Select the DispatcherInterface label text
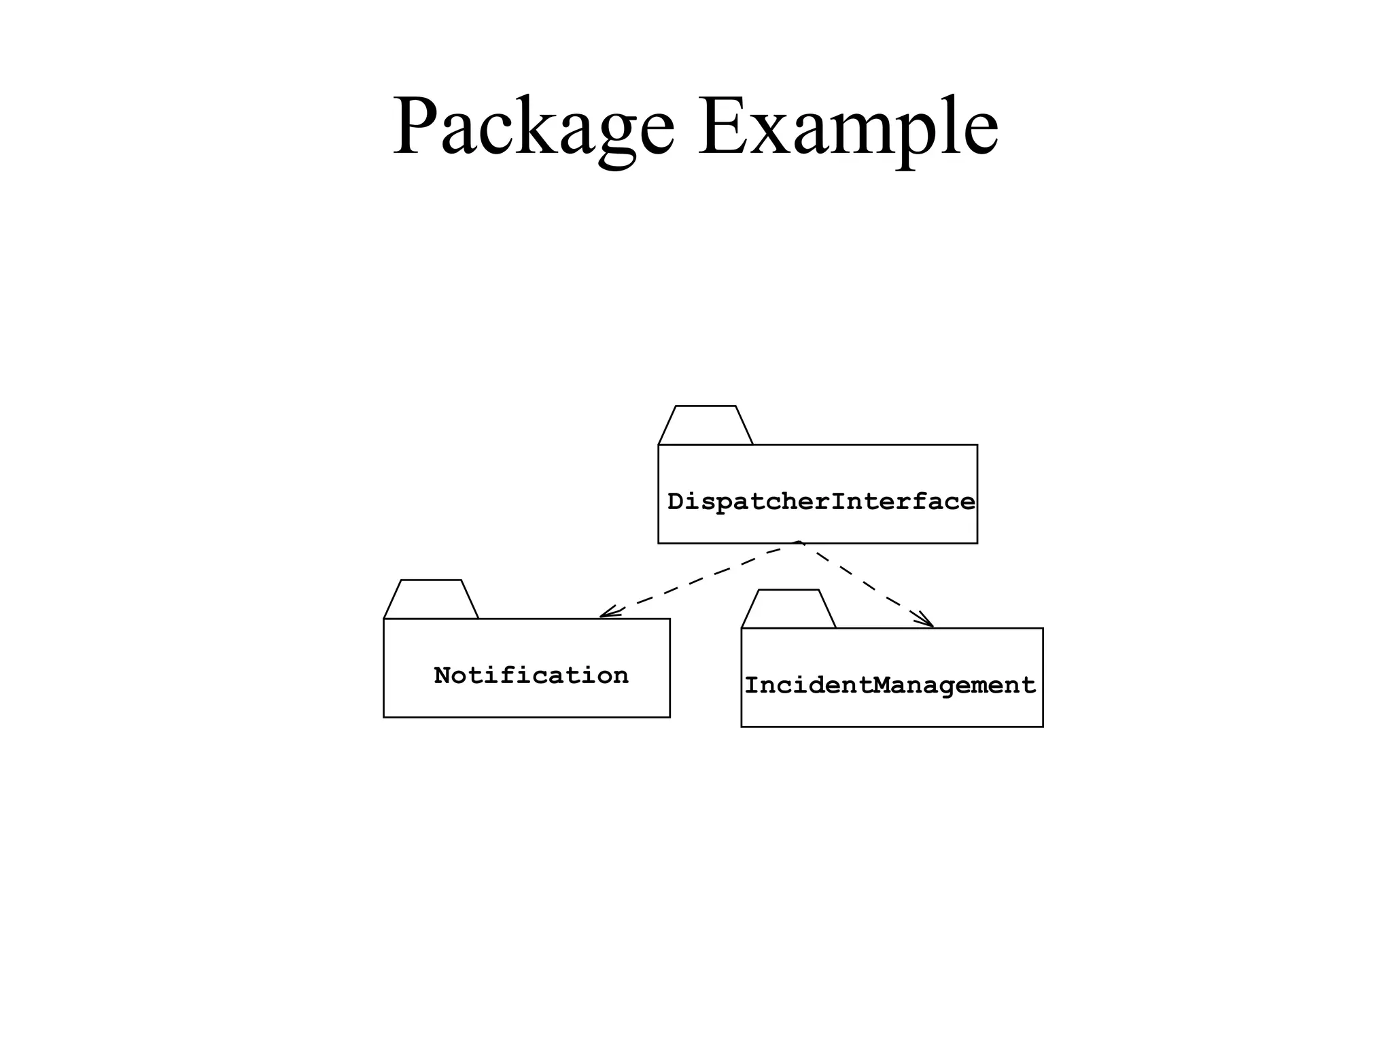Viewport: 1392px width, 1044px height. pos(821,502)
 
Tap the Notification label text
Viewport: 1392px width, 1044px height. pos(531,676)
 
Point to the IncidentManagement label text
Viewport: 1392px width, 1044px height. pos(890,685)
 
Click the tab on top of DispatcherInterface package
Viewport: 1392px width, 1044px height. pos(706,426)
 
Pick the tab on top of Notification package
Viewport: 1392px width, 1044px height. pos(431,600)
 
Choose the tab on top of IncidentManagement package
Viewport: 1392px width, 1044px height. pos(788,610)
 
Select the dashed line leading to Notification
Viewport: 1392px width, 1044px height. pos(700,579)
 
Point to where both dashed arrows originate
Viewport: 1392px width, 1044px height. pos(799,543)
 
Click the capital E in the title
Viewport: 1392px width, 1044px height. pos(723,126)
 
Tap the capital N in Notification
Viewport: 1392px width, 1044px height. pos(443,676)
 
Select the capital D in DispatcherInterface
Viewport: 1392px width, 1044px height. pos(676,502)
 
